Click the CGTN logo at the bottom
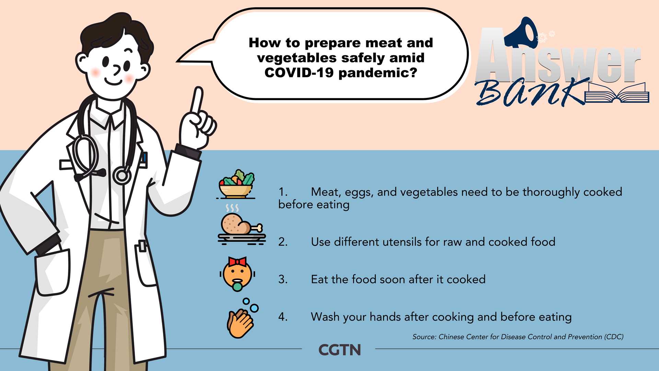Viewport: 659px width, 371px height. coord(339,350)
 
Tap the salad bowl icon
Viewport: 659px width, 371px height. coord(236,184)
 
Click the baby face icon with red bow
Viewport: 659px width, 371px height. coord(237,274)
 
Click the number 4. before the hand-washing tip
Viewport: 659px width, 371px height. coord(283,317)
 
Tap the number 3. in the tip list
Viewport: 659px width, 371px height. coord(283,279)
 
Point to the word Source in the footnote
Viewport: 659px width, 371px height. coord(424,337)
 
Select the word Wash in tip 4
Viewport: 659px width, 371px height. coord(325,317)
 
